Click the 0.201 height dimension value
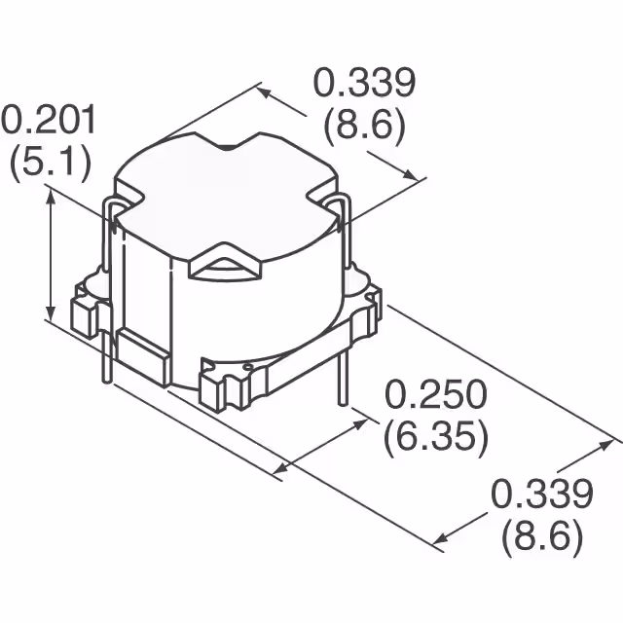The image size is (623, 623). (x=50, y=121)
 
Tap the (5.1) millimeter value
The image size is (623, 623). (x=50, y=161)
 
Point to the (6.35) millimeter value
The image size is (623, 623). (x=435, y=437)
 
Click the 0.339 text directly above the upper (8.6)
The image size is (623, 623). (x=364, y=85)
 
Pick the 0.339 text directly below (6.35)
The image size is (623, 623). (x=541, y=495)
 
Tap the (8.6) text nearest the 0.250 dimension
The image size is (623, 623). (x=541, y=535)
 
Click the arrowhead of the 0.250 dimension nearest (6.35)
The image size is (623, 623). (x=370, y=422)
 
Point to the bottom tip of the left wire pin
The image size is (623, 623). (x=103, y=385)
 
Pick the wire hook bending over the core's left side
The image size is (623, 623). (x=112, y=209)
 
